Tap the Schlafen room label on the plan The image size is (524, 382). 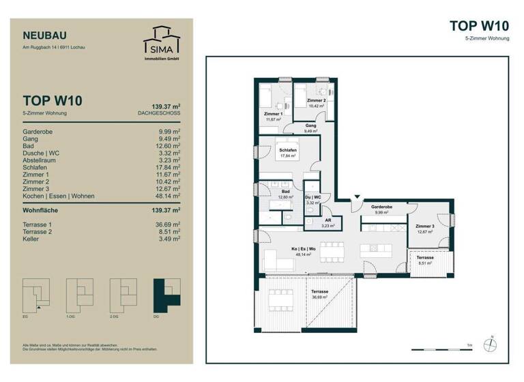[x=287, y=149]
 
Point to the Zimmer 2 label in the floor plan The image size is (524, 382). [x=316, y=101]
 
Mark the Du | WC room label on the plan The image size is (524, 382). [x=312, y=196]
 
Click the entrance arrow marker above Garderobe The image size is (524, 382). [x=355, y=198]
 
